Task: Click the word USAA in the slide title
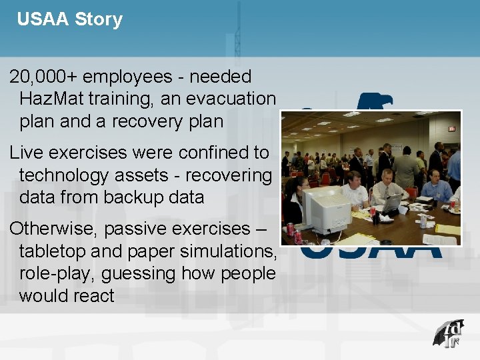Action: tap(43, 19)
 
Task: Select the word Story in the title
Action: tap(99, 19)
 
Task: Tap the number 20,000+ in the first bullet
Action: tap(43, 77)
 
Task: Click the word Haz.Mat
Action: tap(55, 99)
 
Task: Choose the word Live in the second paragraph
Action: tap(26, 153)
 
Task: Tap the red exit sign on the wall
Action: tap(451, 128)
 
